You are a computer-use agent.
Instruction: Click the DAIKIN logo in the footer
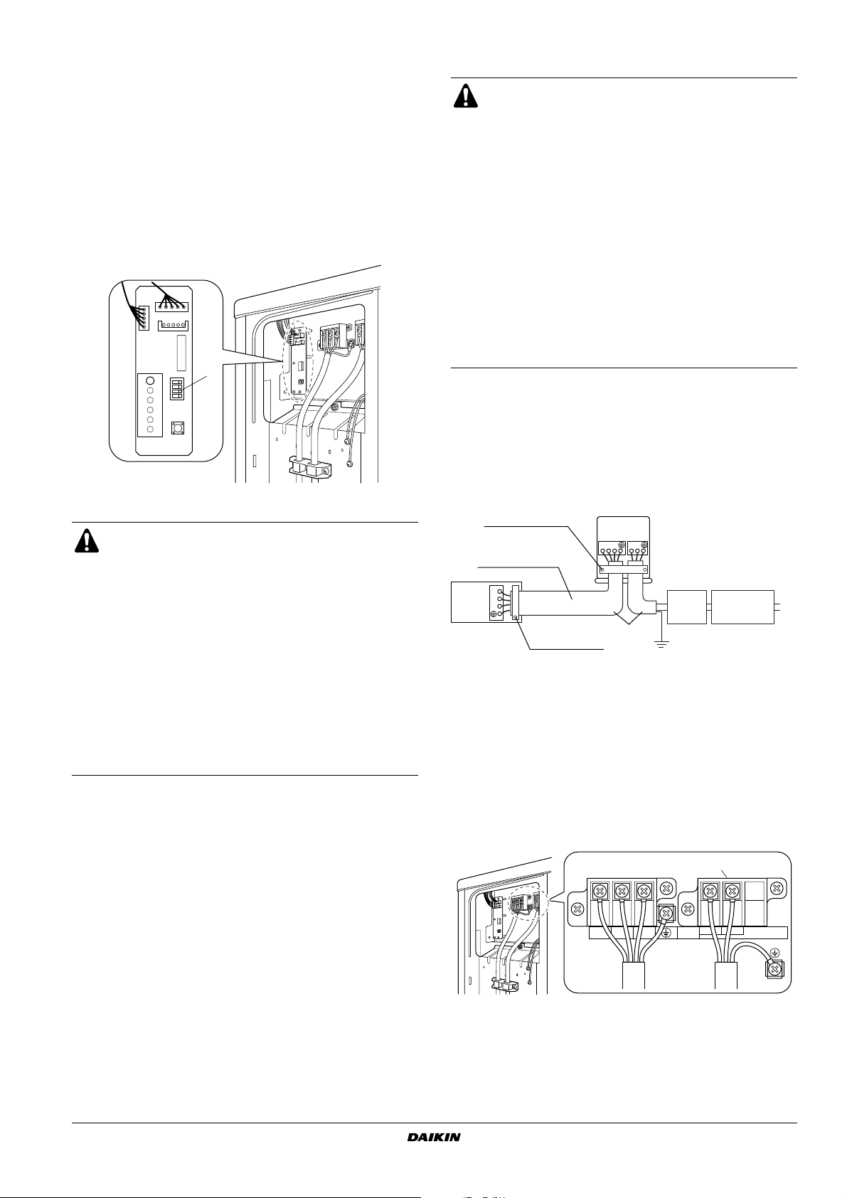click(434, 1137)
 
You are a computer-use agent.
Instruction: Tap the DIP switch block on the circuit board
click(177, 389)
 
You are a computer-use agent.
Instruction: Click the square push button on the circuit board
click(177, 429)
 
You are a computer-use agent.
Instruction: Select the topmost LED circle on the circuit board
click(151, 381)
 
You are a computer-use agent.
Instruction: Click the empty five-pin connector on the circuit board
click(173, 325)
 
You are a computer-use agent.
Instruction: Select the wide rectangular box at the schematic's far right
click(742, 606)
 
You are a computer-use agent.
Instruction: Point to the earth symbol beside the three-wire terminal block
click(666, 933)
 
